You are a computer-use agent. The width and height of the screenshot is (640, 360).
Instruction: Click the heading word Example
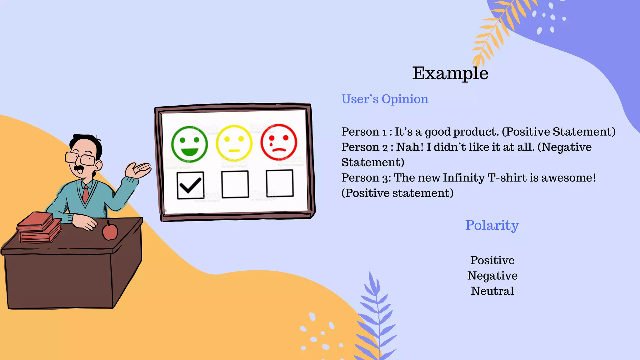click(x=450, y=73)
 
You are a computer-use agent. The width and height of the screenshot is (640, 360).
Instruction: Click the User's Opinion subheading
click(x=385, y=99)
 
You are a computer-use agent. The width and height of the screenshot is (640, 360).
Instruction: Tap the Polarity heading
click(x=492, y=225)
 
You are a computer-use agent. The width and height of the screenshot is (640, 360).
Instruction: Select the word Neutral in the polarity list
click(x=492, y=291)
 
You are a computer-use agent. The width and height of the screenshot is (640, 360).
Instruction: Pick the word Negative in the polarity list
click(x=492, y=276)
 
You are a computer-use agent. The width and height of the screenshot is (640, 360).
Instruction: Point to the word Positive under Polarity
click(x=492, y=260)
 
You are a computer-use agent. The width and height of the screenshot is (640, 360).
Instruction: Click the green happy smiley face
click(x=189, y=144)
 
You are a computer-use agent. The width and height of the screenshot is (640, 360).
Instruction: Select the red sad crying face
click(x=278, y=142)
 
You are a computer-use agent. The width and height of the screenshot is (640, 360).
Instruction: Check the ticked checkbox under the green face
click(x=190, y=185)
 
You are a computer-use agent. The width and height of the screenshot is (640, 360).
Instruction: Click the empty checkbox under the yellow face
click(x=235, y=184)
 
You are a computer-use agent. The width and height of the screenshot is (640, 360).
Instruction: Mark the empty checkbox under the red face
click(x=279, y=183)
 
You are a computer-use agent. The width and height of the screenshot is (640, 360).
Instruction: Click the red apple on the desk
click(x=110, y=231)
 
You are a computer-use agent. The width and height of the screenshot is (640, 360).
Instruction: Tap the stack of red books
click(x=39, y=227)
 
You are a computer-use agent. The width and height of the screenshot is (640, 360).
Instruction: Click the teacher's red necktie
click(x=86, y=193)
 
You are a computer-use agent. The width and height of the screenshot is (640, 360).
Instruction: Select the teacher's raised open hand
click(x=138, y=170)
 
